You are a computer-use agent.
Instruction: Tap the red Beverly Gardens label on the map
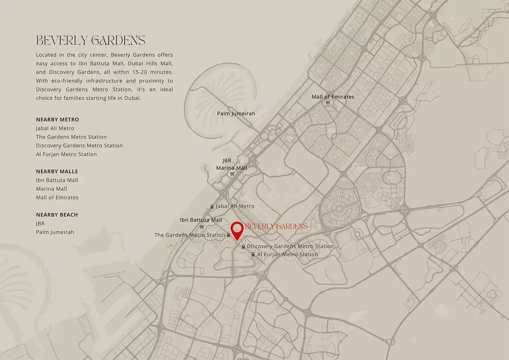[276, 226]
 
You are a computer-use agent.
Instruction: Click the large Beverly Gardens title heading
[90, 40]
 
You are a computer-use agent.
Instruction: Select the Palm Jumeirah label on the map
[236, 114]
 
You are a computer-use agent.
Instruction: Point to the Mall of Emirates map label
[333, 97]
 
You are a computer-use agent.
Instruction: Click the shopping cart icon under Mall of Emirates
[328, 103]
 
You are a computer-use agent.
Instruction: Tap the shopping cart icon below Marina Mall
[232, 174]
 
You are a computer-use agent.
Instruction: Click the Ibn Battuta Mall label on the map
[201, 220]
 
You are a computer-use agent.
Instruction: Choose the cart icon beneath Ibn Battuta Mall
[202, 227]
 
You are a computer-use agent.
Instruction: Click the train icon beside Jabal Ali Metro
[212, 207]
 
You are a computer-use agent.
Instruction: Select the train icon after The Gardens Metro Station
[228, 235]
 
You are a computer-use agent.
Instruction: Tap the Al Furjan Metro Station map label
[287, 254]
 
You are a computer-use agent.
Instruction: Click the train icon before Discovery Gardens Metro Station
[243, 247]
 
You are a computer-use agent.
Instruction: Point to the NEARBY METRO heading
[58, 120]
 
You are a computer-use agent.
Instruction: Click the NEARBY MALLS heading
[57, 172]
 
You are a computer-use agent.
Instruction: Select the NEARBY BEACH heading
[57, 215]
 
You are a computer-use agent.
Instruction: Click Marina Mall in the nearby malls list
[52, 189]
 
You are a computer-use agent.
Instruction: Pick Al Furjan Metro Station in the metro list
[66, 154]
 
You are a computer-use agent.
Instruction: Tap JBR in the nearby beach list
[40, 224]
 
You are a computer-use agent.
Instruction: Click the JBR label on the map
[227, 161]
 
